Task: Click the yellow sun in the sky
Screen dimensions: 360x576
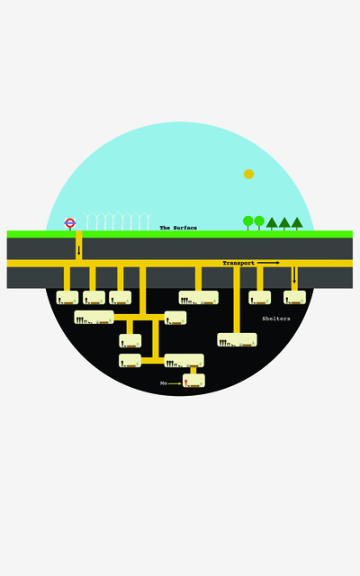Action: click(x=248, y=174)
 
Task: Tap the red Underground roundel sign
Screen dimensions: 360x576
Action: click(x=70, y=222)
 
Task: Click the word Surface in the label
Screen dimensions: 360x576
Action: click(x=185, y=228)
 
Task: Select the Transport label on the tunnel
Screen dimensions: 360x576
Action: click(x=238, y=263)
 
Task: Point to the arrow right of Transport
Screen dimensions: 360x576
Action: click(x=268, y=263)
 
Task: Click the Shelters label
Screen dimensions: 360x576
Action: click(x=276, y=319)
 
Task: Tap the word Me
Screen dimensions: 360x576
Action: click(x=164, y=383)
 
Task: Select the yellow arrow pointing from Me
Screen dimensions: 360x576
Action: click(x=175, y=383)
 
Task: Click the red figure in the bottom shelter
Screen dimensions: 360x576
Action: click(x=186, y=382)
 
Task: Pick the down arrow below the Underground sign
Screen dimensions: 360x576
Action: click(x=78, y=250)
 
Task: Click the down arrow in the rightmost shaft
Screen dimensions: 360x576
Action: click(x=294, y=274)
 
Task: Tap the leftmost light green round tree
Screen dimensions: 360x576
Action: click(x=248, y=222)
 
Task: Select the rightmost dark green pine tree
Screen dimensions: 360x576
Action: click(x=297, y=223)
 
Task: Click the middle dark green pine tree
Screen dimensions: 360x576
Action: click(x=284, y=223)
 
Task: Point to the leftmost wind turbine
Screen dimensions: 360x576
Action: click(x=87, y=220)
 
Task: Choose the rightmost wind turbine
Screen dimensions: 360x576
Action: click(x=148, y=221)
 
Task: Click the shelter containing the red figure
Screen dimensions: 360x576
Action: click(x=193, y=381)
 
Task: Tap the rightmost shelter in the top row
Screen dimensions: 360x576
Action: click(x=294, y=298)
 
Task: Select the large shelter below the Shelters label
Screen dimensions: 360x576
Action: click(x=237, y=340)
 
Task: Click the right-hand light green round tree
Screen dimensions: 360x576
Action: click(x=259, y=222)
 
